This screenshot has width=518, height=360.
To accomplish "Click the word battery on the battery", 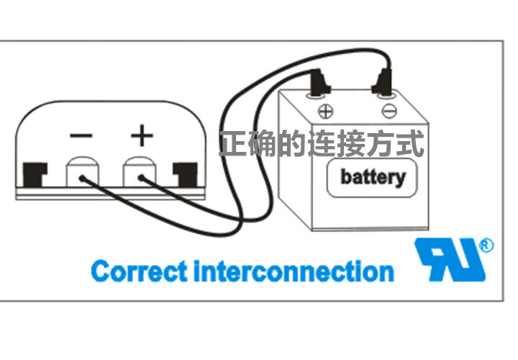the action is [x=372, y=176].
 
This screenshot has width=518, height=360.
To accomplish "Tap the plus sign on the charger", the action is [x=142, y=135].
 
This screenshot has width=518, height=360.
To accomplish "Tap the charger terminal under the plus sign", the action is [x=139, y=174].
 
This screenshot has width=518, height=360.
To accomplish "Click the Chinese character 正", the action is [x=233, y=143].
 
